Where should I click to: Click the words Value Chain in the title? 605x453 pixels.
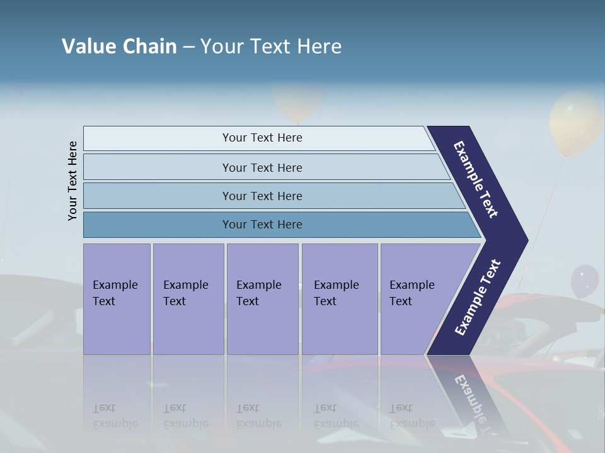point(119,47)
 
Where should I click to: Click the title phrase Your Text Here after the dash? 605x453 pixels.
point(271,47)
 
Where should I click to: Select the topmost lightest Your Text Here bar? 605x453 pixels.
point(262,138)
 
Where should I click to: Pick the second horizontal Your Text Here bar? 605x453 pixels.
point(262,167)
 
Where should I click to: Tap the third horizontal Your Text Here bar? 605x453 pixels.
point(262,196)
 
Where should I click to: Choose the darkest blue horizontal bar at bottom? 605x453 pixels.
point(262,225)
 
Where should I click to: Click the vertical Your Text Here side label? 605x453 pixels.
point(72,181)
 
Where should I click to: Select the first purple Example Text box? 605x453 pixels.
point(117,298)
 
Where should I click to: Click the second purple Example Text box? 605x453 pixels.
point(188,298)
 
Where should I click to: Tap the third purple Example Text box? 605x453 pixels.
point(262,298)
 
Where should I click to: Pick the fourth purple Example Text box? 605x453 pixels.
point(339,298)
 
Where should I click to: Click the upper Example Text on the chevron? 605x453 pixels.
point(476,179)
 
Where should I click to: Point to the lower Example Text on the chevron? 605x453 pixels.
point(477,298)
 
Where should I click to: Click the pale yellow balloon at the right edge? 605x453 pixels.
point(575,123)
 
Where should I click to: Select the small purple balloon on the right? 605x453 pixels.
point(584,280)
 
